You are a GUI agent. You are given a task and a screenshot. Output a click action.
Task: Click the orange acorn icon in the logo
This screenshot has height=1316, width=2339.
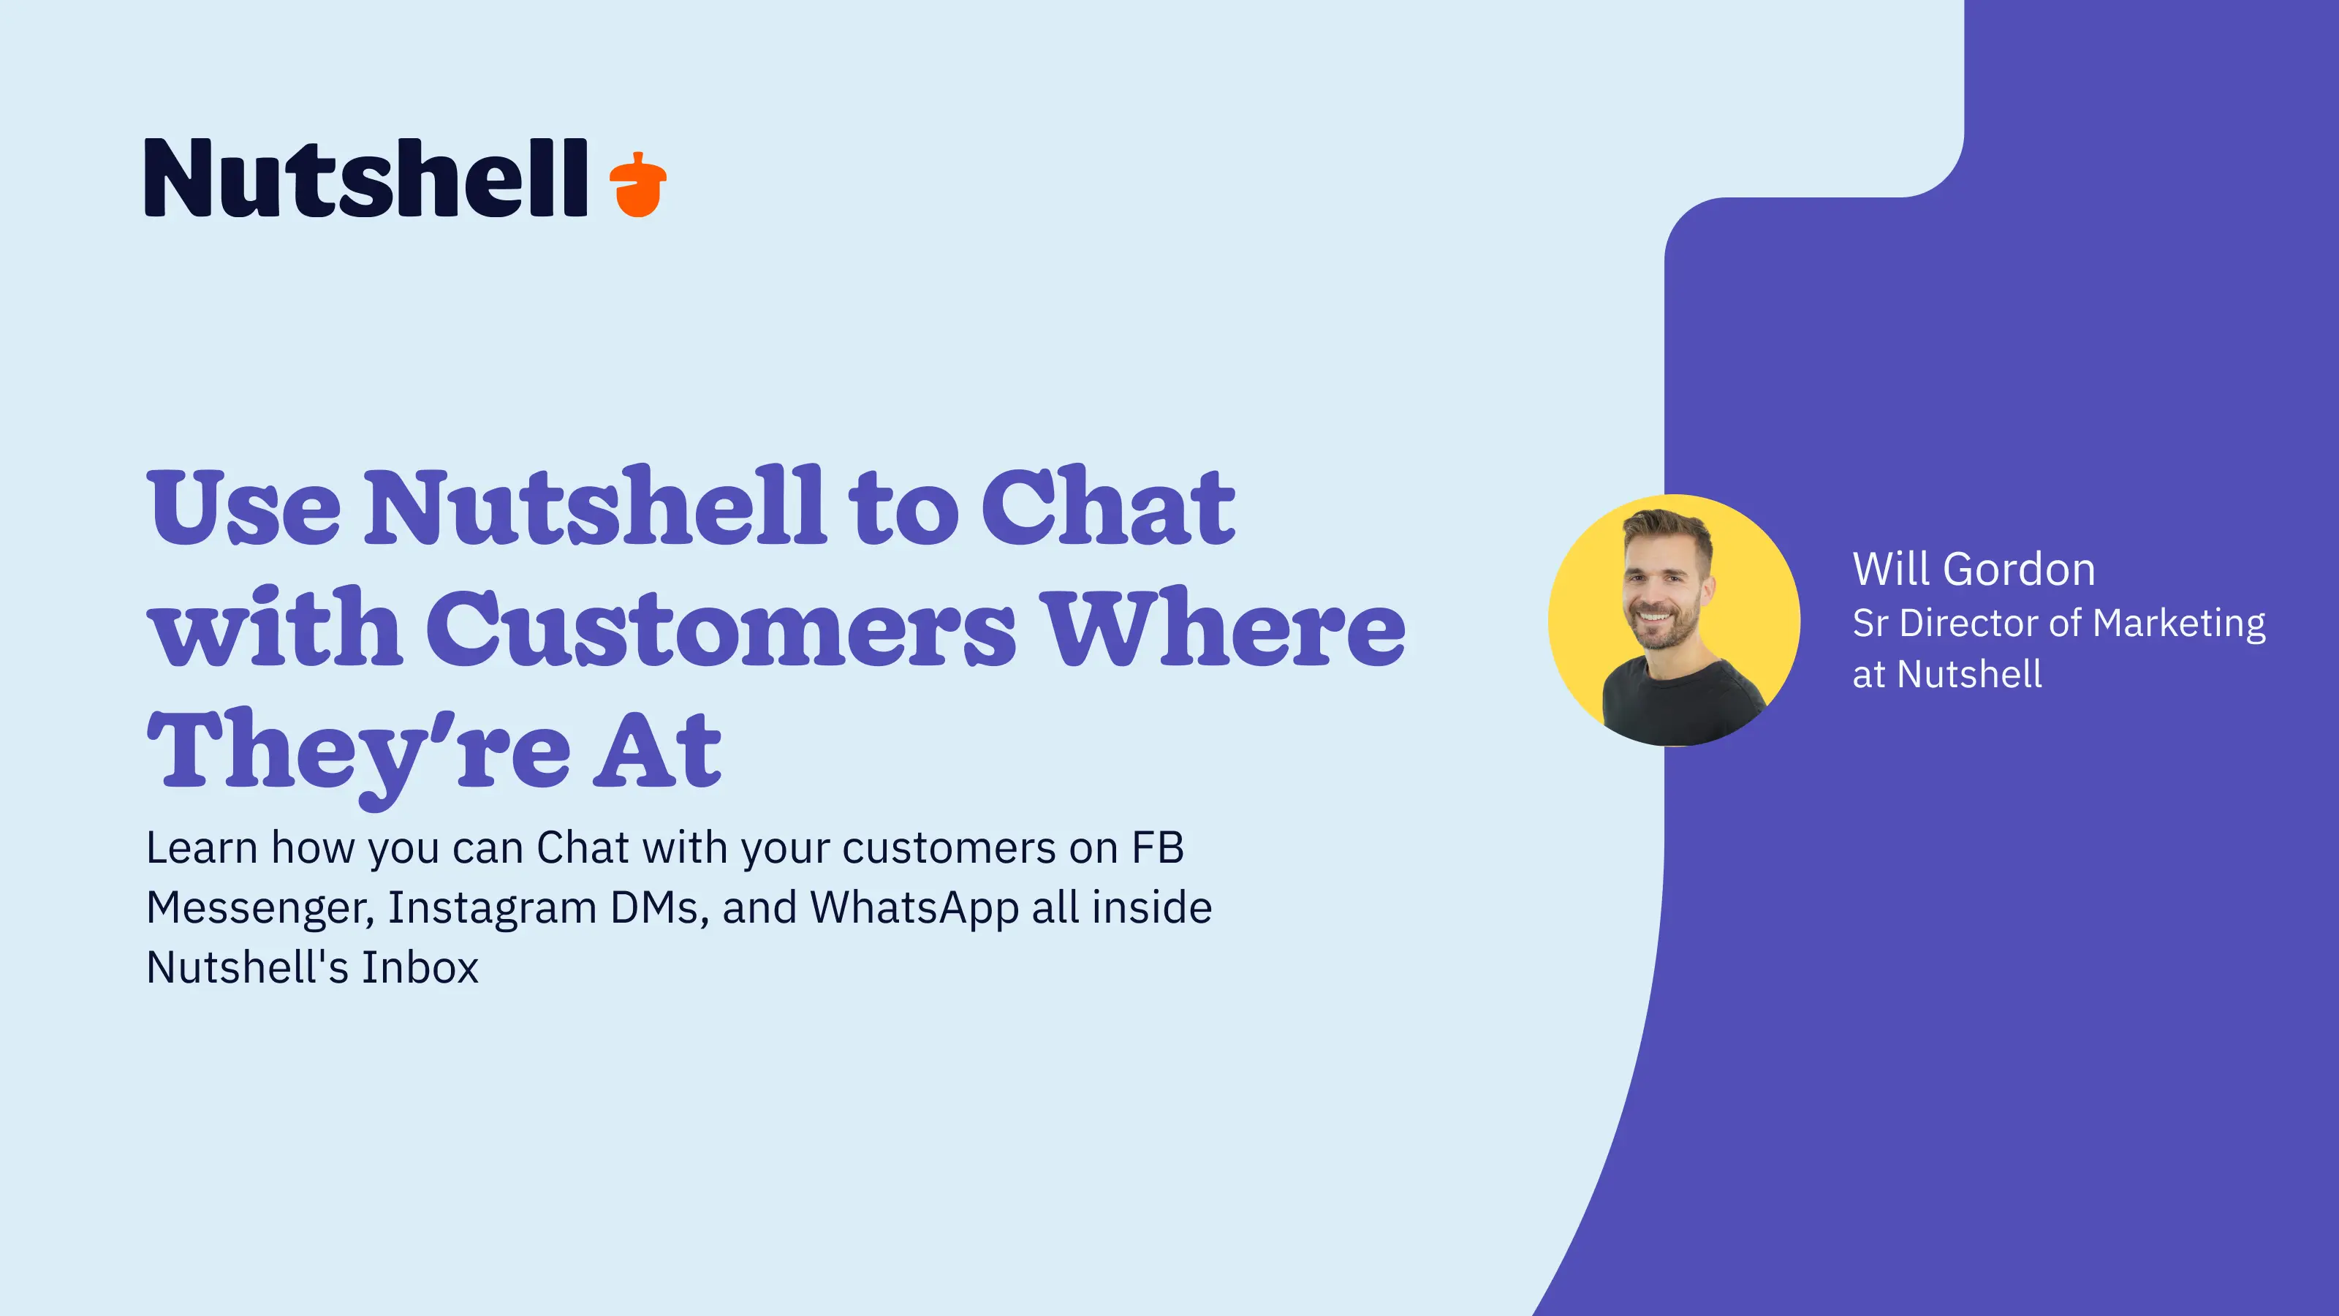637,184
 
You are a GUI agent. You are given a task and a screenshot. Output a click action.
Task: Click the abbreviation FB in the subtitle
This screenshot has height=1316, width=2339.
1157,848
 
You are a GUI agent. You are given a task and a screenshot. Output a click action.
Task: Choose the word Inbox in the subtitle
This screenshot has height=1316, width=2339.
420,967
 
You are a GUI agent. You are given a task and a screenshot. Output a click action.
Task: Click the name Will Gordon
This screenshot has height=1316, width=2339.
1974,570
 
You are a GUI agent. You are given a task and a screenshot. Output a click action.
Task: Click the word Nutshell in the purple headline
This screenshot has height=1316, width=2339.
595,506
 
